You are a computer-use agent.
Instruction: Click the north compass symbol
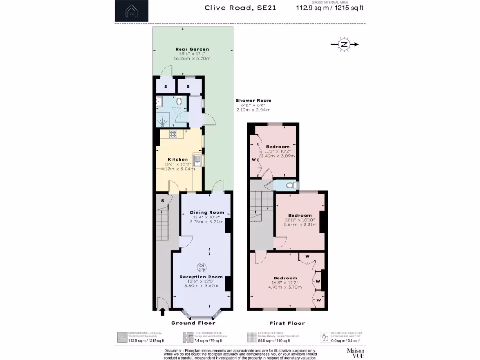click(x=345, y=45)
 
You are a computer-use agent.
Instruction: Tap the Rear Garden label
click(x=192, y=49)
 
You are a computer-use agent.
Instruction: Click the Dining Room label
click(x=204, y=212)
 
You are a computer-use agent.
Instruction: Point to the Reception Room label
click(x=201, y=277)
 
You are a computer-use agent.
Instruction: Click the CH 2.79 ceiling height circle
click(x=201, y=268)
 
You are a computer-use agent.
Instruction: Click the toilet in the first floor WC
click(x=291, y=186)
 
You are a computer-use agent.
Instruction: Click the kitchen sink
click(x=198, y=161)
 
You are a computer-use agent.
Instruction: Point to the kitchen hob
click(x=172, y=135)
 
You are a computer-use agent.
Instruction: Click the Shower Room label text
click(x=253, y=101)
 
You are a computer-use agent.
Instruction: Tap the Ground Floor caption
click(x=193, y=323)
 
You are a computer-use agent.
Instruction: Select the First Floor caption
click(x=287, y=323)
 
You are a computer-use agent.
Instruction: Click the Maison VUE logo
click(x=355, y=353)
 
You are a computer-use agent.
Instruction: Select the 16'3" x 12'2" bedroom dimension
click(x=285, y=283)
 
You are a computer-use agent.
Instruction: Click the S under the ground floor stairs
click(x=162, y=201)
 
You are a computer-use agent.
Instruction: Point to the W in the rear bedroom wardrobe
click(x=254, y=159)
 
